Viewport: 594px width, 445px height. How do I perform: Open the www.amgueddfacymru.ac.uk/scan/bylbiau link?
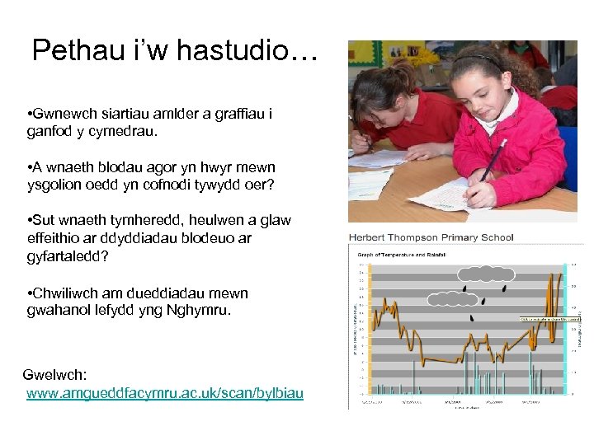(164, 393)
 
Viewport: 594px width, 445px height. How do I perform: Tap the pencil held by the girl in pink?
(493, 160)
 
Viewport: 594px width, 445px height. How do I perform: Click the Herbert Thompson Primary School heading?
(431, 237)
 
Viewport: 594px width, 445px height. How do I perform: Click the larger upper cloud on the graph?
(487, 274)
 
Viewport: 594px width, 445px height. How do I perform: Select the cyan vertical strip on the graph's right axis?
(566, 330)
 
